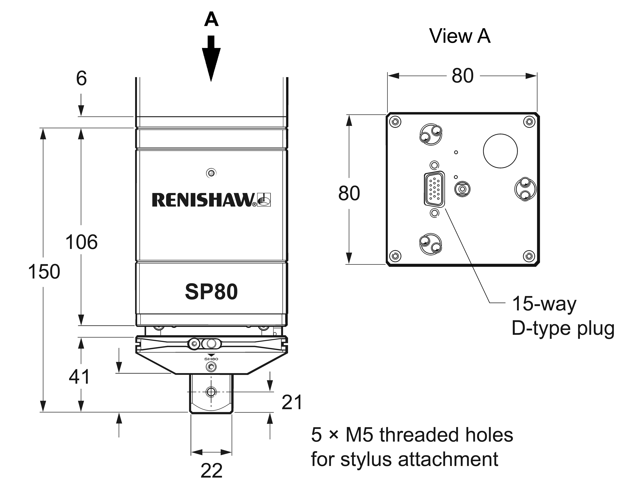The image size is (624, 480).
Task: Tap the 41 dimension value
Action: (79, 377)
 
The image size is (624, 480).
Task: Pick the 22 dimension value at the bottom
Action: (211, 470)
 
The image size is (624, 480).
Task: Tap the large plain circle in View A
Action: (500, 151)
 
